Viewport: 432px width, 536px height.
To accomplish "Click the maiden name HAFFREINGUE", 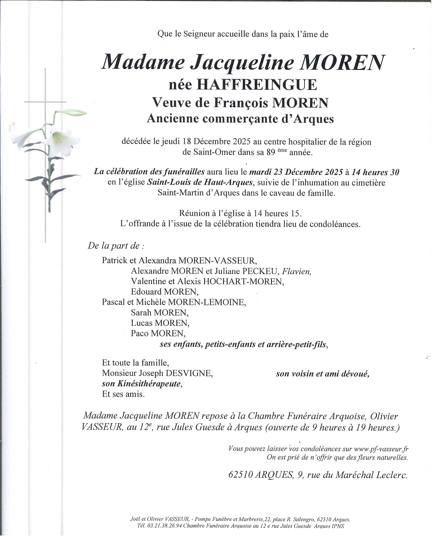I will pyautogui.click(x=257, y=85).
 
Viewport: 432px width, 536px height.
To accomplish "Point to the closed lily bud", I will pyautogui.click(x=71, y=113).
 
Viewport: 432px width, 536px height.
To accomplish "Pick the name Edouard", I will pyautogui.click(x=146, y=292).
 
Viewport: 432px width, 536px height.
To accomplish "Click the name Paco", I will pyautogui.click(x=140, y=334).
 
